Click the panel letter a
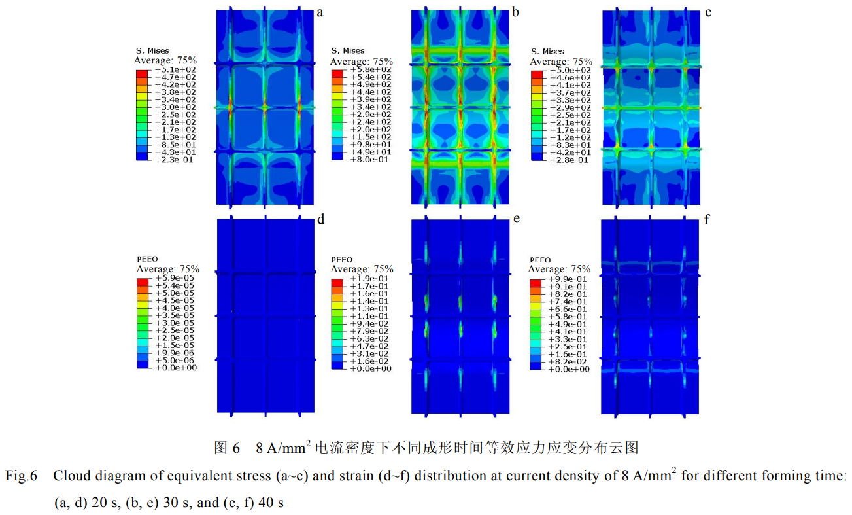tap(320, 12)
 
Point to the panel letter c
tap(708, 12)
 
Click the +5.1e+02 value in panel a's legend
tap(175, 69)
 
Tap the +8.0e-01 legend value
tap(370, 159)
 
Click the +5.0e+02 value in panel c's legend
tap(569, 69)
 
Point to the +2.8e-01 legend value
tap(569, 159)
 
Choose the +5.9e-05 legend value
tap(175, 278)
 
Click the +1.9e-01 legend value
tap(370, 278)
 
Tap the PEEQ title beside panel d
tap(147, 260)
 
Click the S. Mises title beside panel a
tap(152, 50)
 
